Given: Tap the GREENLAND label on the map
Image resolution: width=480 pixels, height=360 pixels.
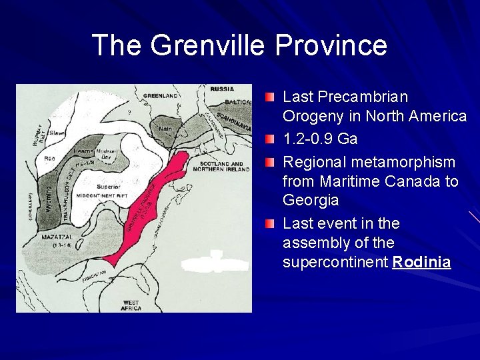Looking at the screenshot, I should (x=160, y=96).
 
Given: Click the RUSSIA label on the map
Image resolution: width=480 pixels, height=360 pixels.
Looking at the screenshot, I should (x=222, y=89).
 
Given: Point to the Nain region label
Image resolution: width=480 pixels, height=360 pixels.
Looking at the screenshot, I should (x=165, y=128).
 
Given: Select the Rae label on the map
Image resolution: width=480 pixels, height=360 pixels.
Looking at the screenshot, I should (x=49, y=159).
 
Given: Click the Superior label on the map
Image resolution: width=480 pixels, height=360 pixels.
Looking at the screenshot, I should (x=108, y=187).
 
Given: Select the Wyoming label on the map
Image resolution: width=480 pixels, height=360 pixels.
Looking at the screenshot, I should (x=48, y=196).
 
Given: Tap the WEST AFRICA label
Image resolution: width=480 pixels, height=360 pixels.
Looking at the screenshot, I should (x=131, y=305).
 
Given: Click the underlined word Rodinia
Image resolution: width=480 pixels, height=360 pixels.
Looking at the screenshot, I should (x=421, y=262).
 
